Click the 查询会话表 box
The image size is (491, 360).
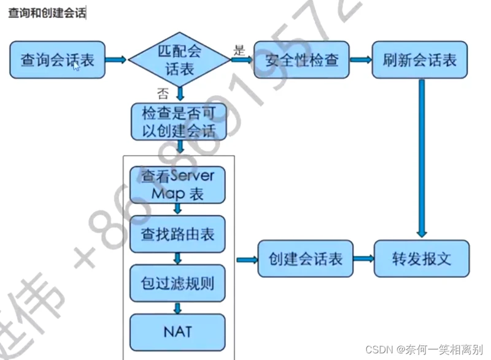coord(57,60)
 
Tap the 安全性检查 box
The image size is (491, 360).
coord(301,60)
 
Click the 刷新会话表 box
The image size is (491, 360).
coord(420,60)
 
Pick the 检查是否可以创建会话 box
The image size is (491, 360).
coord(179,121)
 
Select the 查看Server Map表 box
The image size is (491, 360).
coord(178,185)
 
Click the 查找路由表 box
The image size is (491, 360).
coord(178,235)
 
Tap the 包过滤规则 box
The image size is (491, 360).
coord(178,283)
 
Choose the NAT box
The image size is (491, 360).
coord(178,331)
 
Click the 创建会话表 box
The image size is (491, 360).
coord(305,259)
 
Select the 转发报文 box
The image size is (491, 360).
coord(422,259)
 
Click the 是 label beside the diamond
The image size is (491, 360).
coord(239,50)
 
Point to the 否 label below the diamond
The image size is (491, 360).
coord(163,93)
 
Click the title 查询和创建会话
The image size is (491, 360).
coord(47,13)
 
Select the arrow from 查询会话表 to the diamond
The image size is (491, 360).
coord(116,60)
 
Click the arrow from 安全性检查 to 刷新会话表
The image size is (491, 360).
coord(360,60)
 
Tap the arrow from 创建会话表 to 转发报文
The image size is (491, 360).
coord(363,259)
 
